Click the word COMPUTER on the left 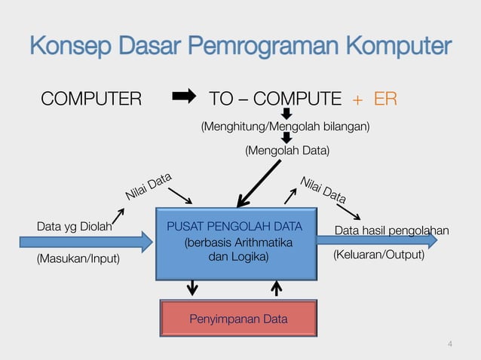[x=90, y=99]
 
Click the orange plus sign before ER [x=357, y=99]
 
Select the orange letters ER [x=385, y=99]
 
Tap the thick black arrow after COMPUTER [x=184, y=96]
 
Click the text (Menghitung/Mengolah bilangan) [x=284, y=127]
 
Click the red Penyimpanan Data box [x=238, y=319]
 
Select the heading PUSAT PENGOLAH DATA [x=234, y=226]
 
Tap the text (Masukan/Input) [x=78, y=258]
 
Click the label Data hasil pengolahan [x=391, y=230]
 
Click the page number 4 [x=450, y=345]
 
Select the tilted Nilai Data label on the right [x=323, y=190]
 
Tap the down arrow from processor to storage [x=193, y=288]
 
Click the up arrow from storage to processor [x=277, y=288]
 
